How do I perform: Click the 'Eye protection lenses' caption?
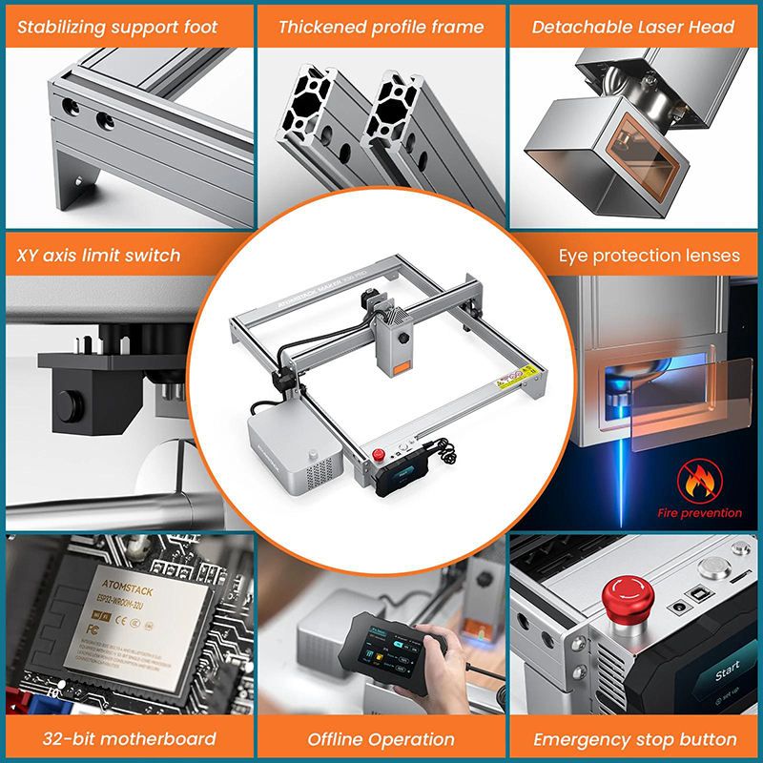649,255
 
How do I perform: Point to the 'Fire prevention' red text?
699,513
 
